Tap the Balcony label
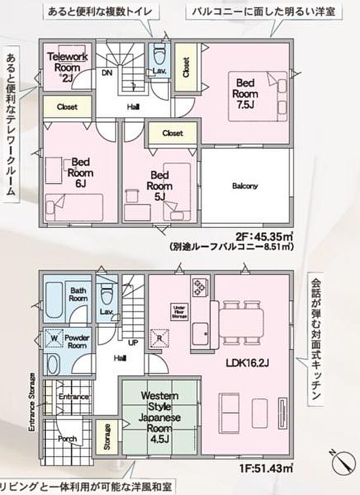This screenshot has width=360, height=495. (x=244, y=186)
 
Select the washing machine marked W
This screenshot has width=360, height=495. (x=53, y=337)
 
